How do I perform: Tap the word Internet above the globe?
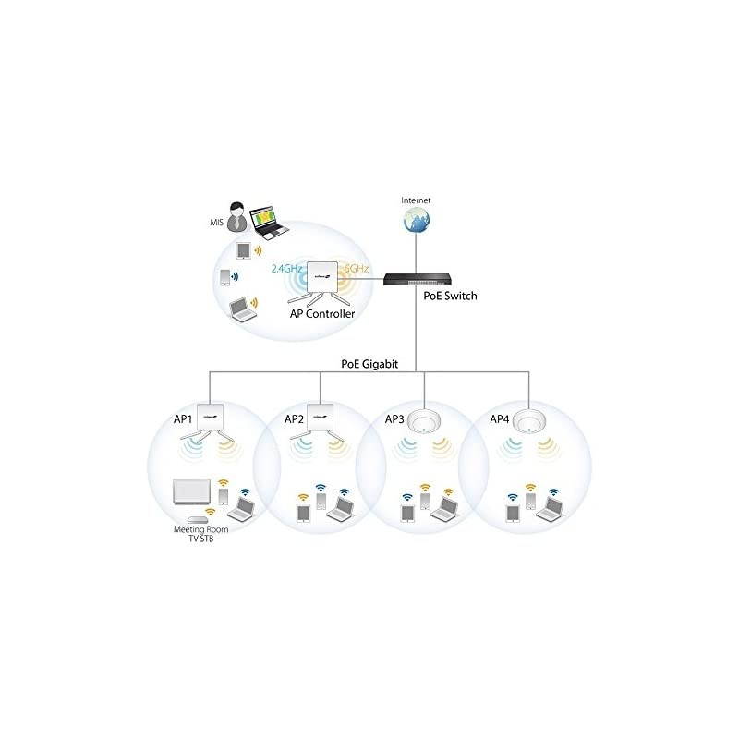(x=416, y=200)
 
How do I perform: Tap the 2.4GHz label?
(x=287, y=269)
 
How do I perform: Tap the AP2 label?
(x=294, y=418)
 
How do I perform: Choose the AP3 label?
(x=394, y=418)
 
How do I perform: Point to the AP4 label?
(x=499, y=418)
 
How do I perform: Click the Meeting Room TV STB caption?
(x=196, y=534)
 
